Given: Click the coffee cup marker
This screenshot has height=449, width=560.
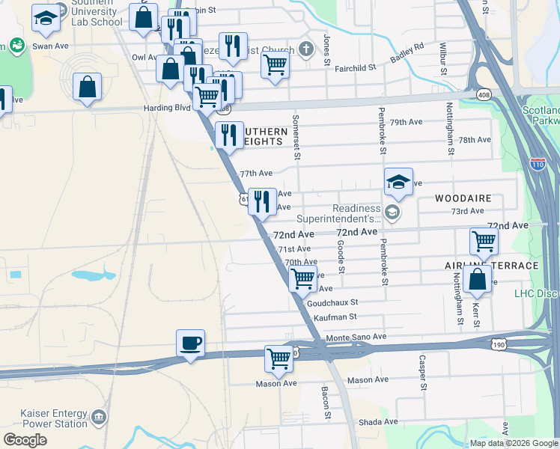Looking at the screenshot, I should [190, 343].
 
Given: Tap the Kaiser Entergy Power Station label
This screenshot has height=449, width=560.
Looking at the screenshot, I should [43, 418].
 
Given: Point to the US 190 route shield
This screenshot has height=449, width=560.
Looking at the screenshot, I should [498, 344].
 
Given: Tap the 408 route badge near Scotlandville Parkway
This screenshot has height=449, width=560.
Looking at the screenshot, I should [484, 94].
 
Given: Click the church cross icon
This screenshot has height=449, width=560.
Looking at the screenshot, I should [305, 49].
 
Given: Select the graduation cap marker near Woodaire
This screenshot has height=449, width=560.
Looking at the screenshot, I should [398, 182].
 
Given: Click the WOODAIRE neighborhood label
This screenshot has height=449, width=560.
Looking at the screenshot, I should [462, 198].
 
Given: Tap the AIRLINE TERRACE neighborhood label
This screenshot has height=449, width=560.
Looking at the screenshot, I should [491, 266].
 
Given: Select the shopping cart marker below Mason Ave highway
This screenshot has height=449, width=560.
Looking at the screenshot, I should [279, 359].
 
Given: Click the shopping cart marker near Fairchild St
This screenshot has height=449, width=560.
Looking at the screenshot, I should [276, 64].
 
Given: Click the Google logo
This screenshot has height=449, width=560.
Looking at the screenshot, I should [25, 440].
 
